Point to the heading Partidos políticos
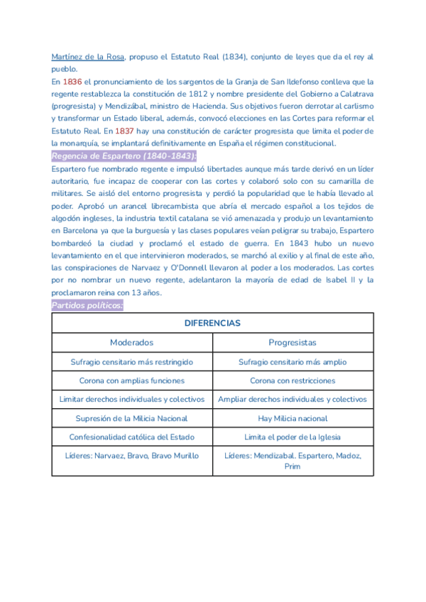87,305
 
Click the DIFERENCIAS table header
212,323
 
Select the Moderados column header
131,342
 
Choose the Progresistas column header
292,342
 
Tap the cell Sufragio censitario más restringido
132,361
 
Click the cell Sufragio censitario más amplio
292,361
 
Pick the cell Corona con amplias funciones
132,381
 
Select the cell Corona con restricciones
292,381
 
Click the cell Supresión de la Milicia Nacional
132,418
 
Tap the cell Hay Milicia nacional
292,418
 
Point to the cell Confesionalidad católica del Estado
132,437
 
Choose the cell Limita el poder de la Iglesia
292,437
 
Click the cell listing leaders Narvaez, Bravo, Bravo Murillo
132,455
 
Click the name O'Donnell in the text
186,267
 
